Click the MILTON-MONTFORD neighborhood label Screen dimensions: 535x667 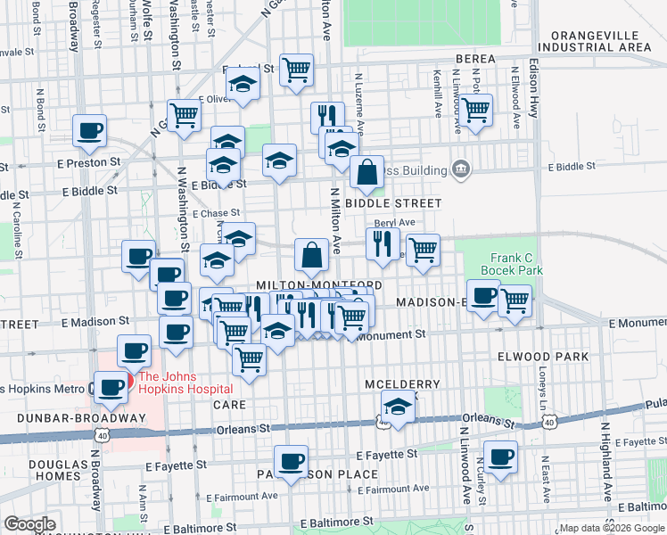[x=318, y=284]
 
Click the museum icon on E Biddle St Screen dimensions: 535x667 [x=461, y=169]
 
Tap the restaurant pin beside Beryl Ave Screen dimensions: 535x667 [x=383, y=243]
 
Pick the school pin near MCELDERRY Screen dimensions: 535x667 [x=397, y=409]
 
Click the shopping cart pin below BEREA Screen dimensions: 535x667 [x=475, y=111]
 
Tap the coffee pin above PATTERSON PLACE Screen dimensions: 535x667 [x=291, y=461]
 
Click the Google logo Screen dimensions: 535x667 [x=30, y=524]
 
